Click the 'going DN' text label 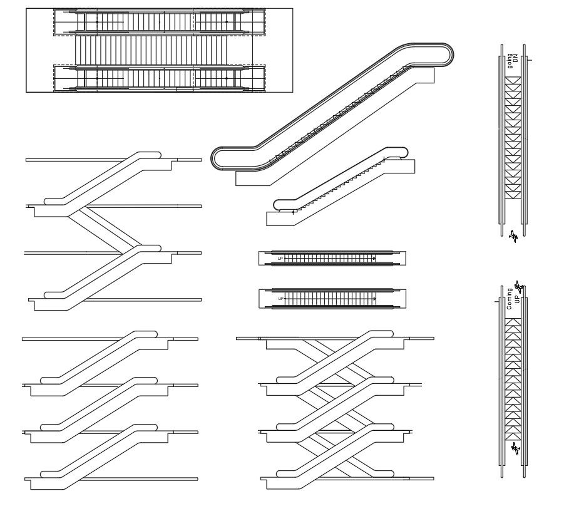[x=513, y=62]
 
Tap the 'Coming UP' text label [x=513, y=299]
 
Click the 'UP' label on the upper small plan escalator [x=280, y=258]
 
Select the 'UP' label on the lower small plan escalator [x=280, y=299]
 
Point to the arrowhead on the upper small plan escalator [x=374, y=258]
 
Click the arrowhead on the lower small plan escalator [x=374, y=299]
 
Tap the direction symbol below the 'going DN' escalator [x=513, y=236]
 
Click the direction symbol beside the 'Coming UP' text [x=518, y=287]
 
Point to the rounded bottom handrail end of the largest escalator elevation [x=219, y=158]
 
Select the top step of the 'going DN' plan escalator [x=513, y=80]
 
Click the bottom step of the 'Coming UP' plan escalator [x=513, y=436]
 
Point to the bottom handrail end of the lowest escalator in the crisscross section [x=283, y=473]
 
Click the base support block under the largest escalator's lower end [x=254, y=178]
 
